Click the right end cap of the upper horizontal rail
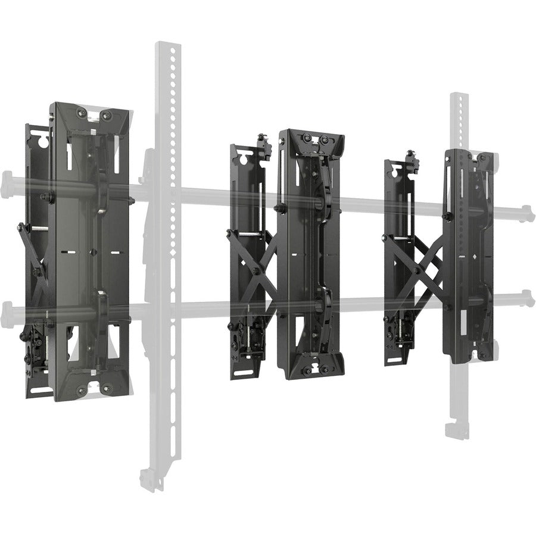[x=528, y=214]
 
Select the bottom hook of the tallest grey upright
[x=148, y=480]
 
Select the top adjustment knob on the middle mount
[x=262, y=141]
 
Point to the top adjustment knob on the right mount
[x=411, y=156]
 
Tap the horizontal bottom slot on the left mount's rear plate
[x=39, y=389]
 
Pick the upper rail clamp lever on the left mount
[x=102, y=191]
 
